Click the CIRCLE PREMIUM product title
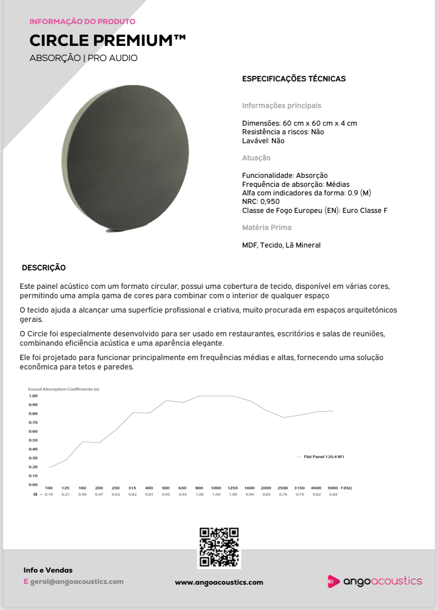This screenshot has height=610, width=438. click(x=107, y=40)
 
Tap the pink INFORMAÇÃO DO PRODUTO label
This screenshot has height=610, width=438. click(x=83, y=21)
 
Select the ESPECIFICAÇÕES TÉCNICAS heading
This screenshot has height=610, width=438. click(x=294, y=79)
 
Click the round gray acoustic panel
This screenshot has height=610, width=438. click(x=125, y=158)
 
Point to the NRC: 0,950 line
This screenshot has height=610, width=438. click(x=261, y=201)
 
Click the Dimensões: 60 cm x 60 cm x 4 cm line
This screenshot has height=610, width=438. click(x=299, y=123)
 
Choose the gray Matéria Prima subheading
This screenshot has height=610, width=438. click(x=267, y=227)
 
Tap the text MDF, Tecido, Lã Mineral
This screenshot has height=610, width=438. click(x=281, y=245)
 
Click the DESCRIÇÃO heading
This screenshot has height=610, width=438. click(x=44, y=267)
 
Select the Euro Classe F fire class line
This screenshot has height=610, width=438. click(x=315, y=210)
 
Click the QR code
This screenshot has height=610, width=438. click(x=219, y=547)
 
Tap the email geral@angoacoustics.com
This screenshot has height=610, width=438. click(x=77, y=581)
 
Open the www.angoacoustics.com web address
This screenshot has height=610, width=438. click(x=219, y=582)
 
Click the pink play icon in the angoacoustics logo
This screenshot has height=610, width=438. click(x=333, y=581)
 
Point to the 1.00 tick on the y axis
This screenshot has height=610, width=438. click(x=33, y=396)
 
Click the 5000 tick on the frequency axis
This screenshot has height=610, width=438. click(x=332, y=488)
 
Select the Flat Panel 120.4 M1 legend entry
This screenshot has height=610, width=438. click(x=324, y=457)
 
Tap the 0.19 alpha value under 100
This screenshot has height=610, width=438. click(x=49, y=494)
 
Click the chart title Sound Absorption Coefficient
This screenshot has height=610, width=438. click(x=63, y=389)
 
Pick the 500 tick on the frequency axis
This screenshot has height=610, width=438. click(x=166, y=488)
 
